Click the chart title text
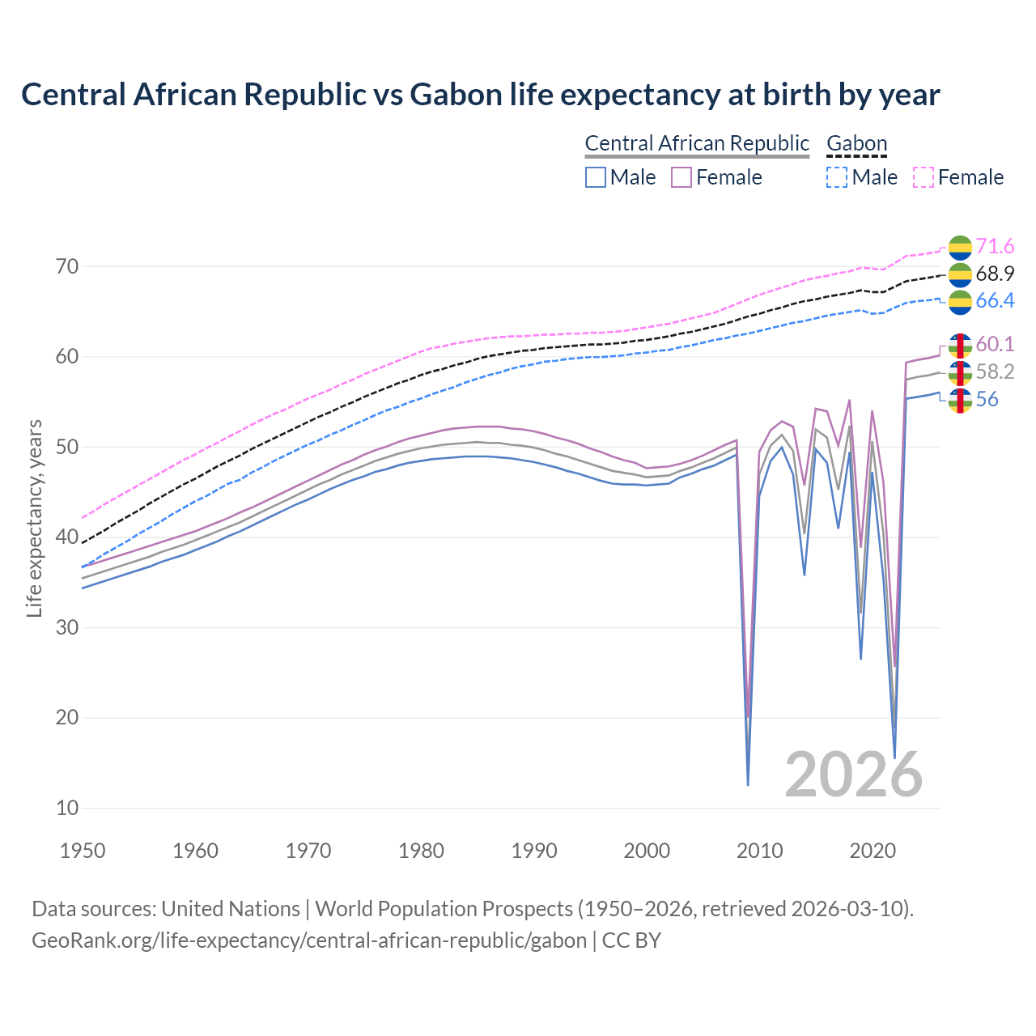point(480,95)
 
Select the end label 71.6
point(995,246)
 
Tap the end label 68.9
point(995,274)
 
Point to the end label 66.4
point(995,301)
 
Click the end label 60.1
point(995,345)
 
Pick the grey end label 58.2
point(995,372)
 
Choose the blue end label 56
point(987,400)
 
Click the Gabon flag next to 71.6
point(960,247)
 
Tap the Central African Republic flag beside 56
point(960,400)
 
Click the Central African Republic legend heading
point(697,143)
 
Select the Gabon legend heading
point(856,143)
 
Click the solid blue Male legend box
point(596,177)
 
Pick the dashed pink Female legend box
point(923,177)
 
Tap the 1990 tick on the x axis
point(534,851)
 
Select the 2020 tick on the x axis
point(873,851)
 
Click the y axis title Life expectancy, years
point(34,518)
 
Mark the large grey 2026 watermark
point(853,775)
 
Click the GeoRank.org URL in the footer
point(309,940)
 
